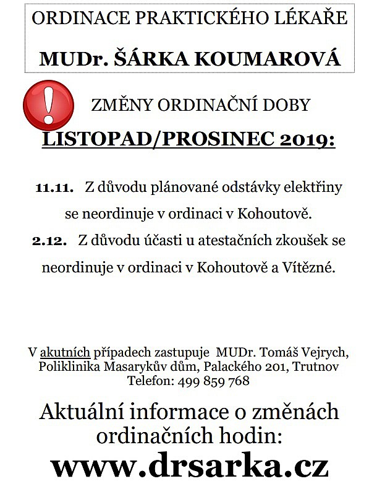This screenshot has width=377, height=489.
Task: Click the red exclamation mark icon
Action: [x=48, y=104]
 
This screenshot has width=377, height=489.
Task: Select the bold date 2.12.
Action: [x=49, y=241]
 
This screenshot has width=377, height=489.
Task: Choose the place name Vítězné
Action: [x=312, y=268]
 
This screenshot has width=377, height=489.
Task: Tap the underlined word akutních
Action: [x=66, y=353]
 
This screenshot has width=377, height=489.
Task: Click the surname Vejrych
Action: [x=325, y=353]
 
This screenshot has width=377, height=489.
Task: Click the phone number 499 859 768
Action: [x=213, y=381]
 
